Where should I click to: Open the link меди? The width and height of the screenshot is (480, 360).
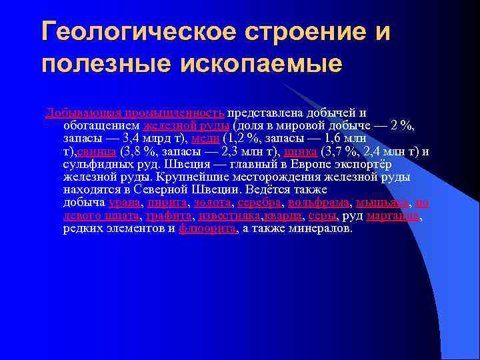coord(203,139)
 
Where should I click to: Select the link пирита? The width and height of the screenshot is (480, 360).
coord(167,203)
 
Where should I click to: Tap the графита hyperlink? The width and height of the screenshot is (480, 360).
coord(169,215)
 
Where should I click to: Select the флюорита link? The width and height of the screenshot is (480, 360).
coord(207,228)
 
